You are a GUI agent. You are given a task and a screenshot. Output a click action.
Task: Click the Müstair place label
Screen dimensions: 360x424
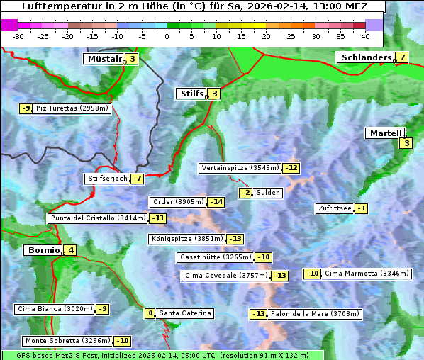[104, 59]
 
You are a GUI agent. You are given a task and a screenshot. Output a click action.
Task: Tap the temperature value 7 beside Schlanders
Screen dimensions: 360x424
[402, 57]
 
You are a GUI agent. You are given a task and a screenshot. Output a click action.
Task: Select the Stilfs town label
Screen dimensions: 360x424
[190, 93]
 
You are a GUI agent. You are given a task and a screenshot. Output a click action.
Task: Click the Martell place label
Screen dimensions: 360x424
[384, 133]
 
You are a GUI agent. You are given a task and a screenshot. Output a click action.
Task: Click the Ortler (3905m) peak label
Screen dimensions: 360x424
[178, 202]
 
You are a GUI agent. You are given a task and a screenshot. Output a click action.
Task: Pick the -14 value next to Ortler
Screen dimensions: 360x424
[216, 202]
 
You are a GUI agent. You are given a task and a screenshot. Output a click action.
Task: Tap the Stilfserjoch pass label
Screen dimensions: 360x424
[106, 179]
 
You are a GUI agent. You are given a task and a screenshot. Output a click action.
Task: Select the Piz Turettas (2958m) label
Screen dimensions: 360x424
[72, 108]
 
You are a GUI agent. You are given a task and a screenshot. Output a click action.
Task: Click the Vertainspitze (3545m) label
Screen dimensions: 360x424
[240, 168]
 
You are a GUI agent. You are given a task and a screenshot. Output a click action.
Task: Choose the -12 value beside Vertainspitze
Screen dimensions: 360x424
[291, 168]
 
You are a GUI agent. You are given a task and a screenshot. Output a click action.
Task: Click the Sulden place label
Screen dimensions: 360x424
[268, 193]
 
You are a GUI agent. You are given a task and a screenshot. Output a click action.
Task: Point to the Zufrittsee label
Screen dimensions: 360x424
[334, 208]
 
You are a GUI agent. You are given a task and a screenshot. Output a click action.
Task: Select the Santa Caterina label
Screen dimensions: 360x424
[184, 313]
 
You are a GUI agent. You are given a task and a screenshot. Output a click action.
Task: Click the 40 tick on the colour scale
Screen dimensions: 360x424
[365, 35]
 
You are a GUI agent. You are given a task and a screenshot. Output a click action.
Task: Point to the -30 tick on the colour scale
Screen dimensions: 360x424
[18, 35]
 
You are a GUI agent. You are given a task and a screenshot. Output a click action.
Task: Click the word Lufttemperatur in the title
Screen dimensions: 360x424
[58, 6]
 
